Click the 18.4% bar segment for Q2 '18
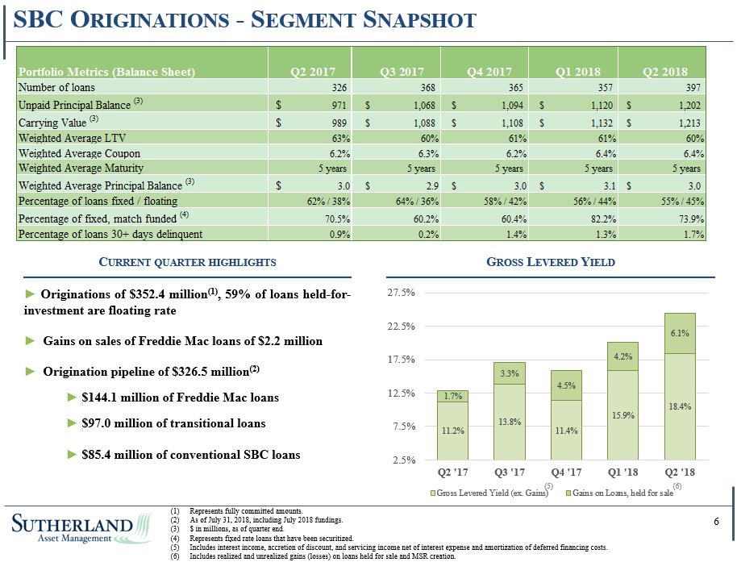tap(680, 406)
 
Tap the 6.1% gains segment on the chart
tap(680, 333)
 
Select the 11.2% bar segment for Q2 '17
tap(452, 431)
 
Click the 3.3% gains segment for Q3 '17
tap(509, 373)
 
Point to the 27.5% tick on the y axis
tap(402, 293)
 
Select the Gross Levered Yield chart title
tap(551, 262)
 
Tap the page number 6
tap(716, 522)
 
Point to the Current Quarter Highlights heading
tap(187, 262)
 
